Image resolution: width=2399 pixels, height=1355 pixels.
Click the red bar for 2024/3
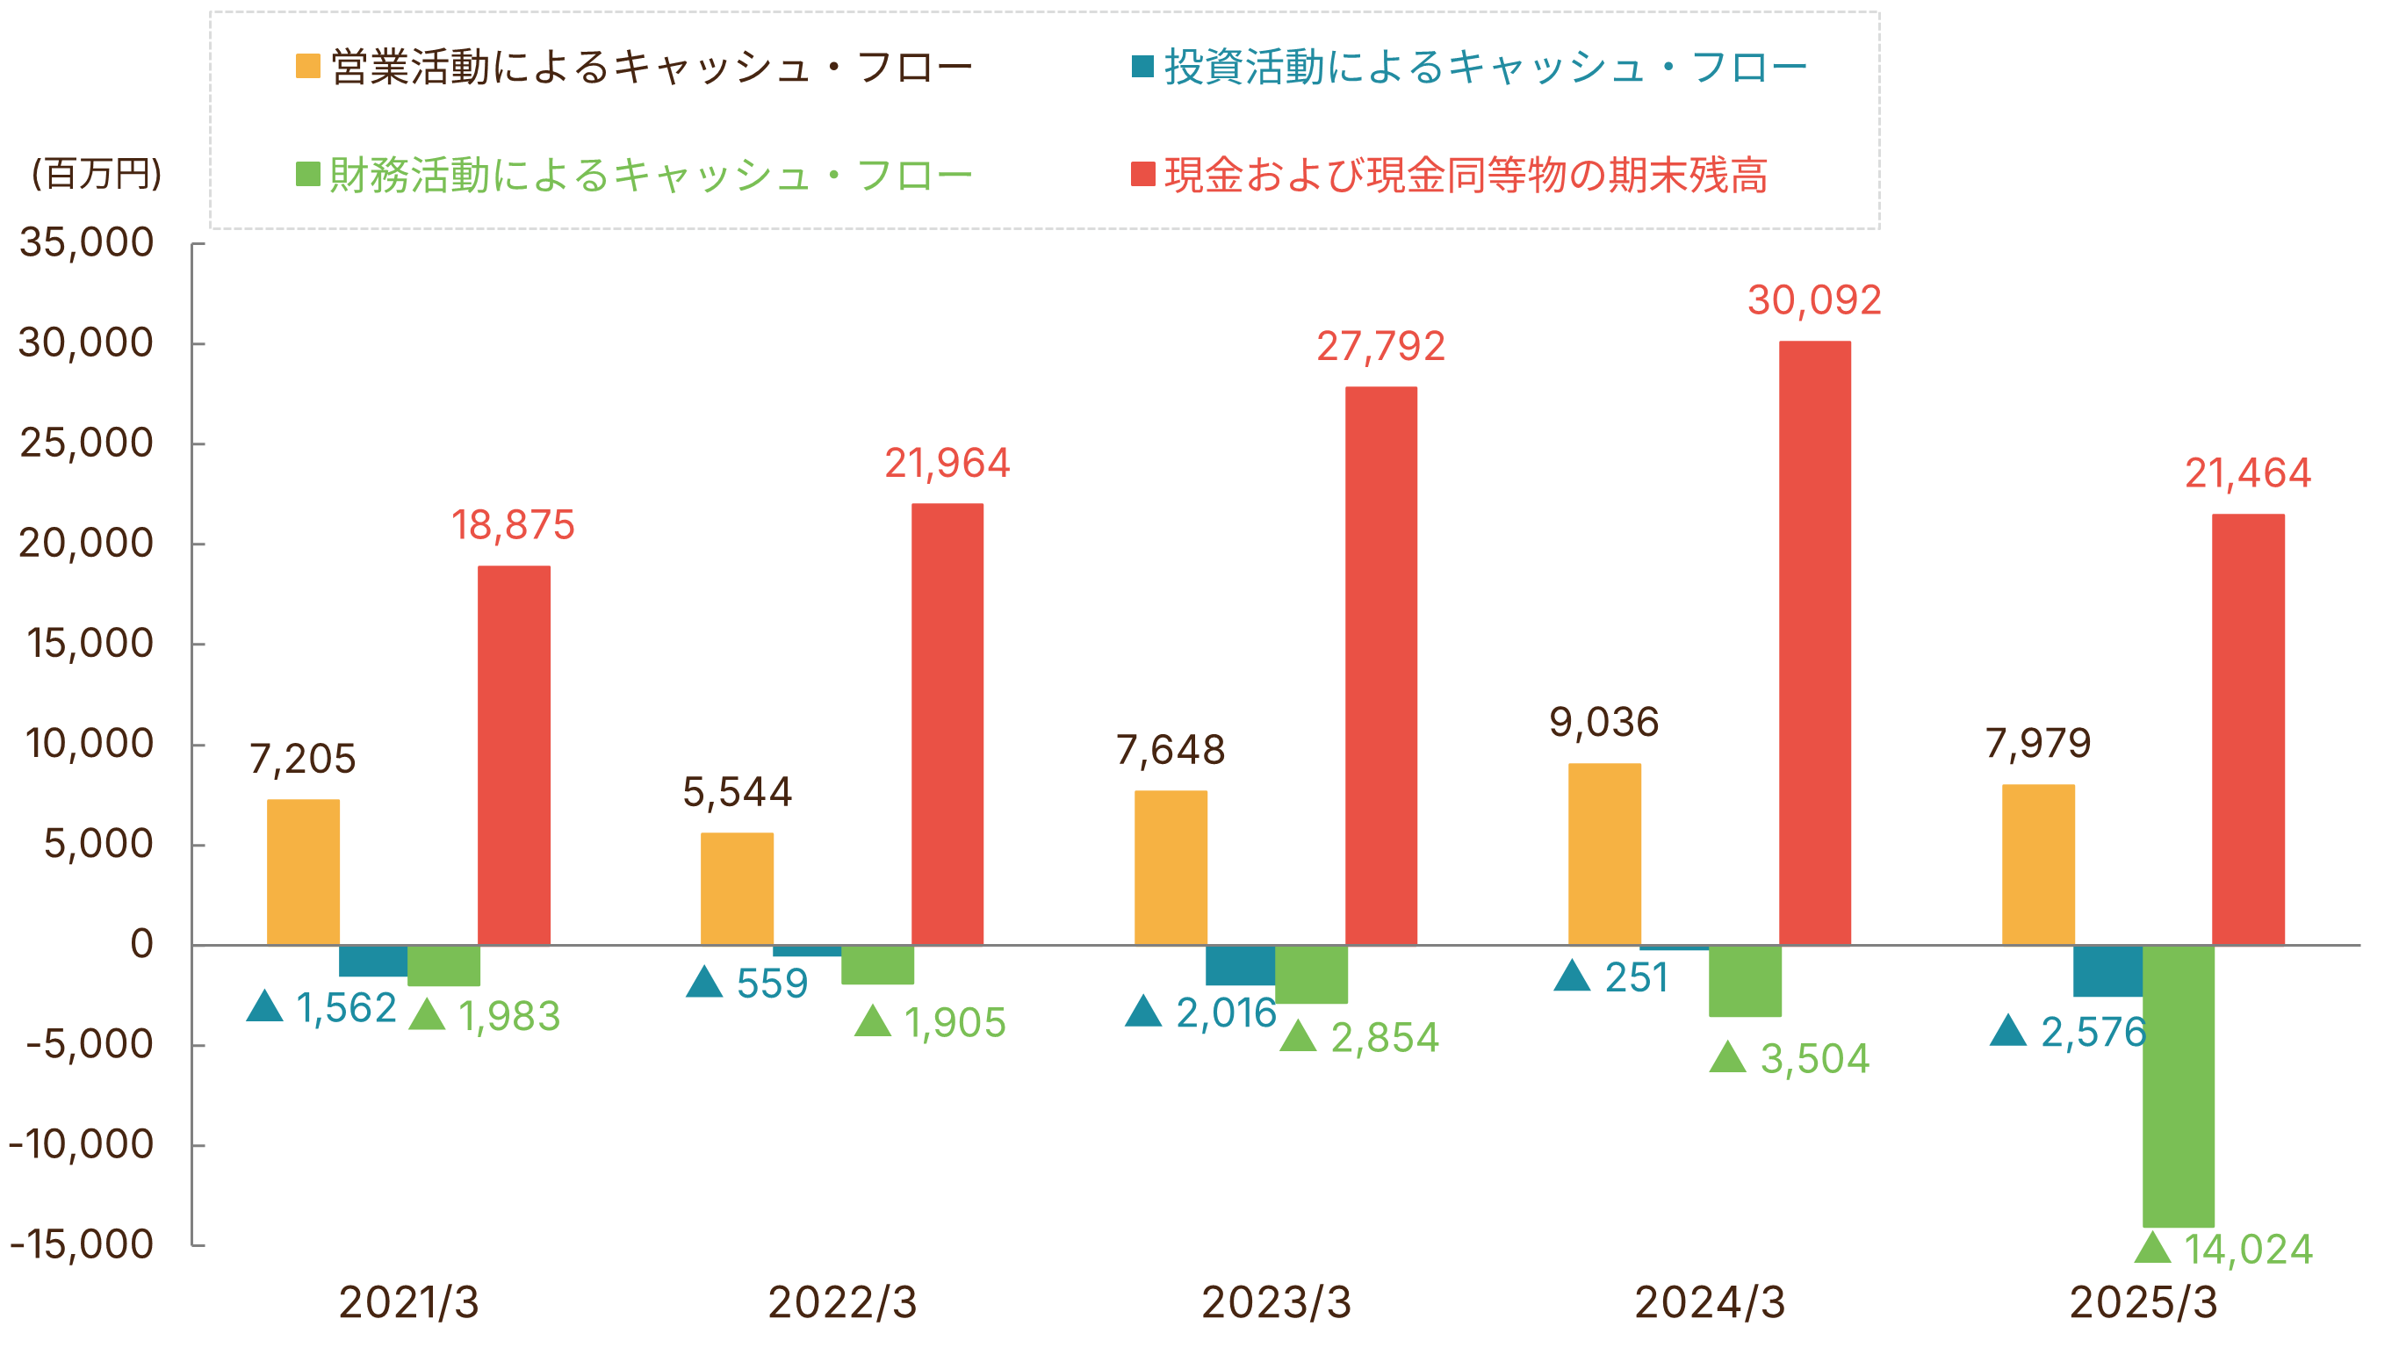click(1814, 643)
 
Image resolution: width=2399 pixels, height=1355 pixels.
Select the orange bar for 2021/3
click(303, 872)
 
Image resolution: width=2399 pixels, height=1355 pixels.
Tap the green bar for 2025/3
click(2178, 1086)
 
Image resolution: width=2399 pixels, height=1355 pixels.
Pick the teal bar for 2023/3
click(1240, 965)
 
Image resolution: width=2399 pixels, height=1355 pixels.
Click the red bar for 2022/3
click(947, 724)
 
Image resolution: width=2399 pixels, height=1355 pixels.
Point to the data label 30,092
click(1814, 299)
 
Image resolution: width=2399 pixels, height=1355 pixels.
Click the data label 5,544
click(737, 792)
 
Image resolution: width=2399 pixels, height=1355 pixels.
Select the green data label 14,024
click(2247, 1250)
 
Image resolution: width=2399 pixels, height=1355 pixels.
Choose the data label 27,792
click(1380, 346)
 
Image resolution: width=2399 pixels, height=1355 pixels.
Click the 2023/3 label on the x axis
click(1276, 1302)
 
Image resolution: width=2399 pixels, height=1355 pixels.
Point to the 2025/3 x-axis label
click(2143, 1302)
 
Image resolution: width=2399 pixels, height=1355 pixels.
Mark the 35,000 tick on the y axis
click(87, 242)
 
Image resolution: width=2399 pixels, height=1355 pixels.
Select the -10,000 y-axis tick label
click(82, 1143)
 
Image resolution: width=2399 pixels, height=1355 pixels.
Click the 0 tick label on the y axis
click(141, 943)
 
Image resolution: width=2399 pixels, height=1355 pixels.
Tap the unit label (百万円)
click(97, 173)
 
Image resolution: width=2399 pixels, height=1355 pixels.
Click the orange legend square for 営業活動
click(307, 66)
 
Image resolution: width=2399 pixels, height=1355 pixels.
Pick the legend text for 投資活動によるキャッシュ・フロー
click(1486, 66)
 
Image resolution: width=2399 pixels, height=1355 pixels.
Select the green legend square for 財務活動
click(307, 174)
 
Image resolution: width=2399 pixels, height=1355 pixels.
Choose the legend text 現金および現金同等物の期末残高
click(1466, 174)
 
